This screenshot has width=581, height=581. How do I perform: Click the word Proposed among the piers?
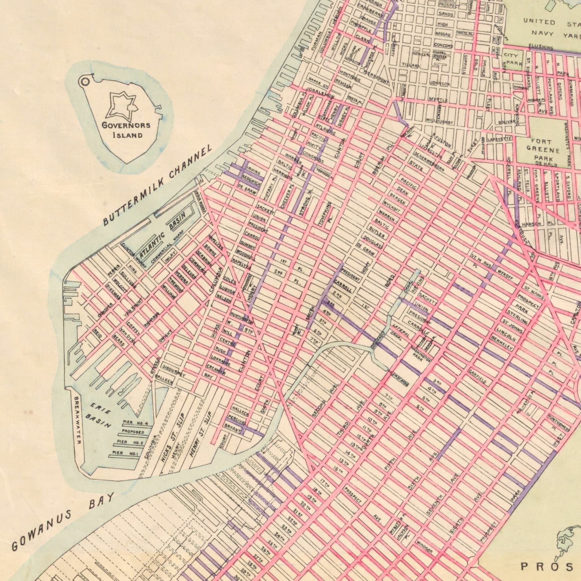[x=133, y=432]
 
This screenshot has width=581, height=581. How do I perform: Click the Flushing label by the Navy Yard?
[x=541, y=47]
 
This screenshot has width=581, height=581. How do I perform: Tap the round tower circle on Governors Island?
[x=85, y=81]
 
